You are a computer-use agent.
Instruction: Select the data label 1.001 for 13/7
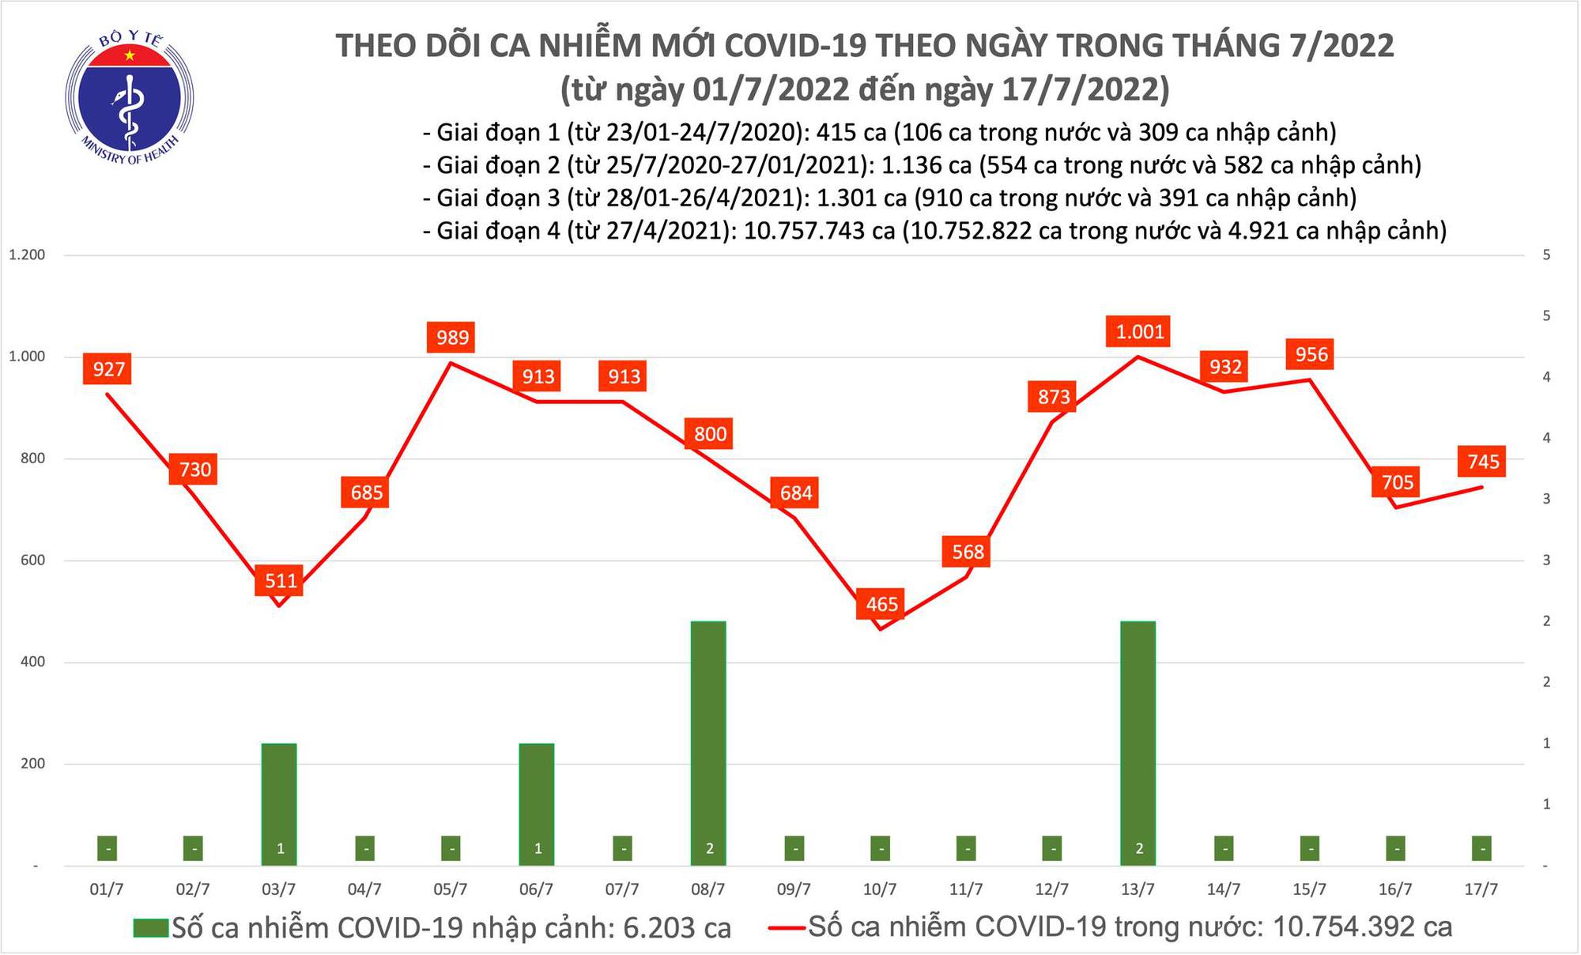pos(1139,331)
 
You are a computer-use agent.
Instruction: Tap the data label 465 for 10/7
pos(881,604)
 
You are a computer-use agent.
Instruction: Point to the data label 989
pos(452,338)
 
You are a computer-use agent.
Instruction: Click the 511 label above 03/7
pos(281,581)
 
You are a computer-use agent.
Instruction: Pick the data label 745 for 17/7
pos(1483,461)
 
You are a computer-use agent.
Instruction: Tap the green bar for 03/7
pos(280,802)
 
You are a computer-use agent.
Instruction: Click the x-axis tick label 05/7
pos(451,889)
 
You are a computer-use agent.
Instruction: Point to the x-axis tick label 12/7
pos(1052,889)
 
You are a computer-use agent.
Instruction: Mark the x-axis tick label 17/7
pos(1481,889)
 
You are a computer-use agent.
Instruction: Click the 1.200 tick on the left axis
pos(27,255)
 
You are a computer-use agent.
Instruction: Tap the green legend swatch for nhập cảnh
pos(151,927)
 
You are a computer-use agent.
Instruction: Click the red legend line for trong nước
pos(787,927)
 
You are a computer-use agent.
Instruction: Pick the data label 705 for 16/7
pos(1397,481)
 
